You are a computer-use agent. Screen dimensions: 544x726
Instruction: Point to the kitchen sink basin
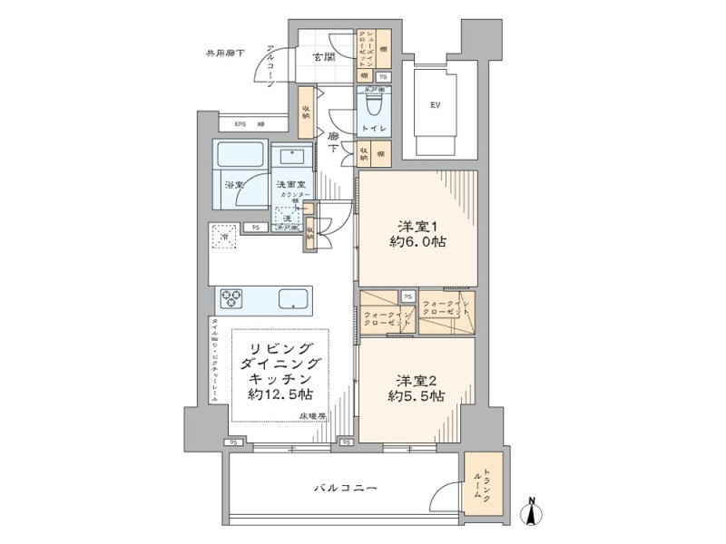click(291, 298)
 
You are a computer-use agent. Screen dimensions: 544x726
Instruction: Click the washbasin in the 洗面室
click(291, 157)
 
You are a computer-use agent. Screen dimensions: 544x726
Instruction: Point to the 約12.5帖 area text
click(280, 396)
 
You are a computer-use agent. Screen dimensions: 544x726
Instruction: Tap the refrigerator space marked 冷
click(225, 237)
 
